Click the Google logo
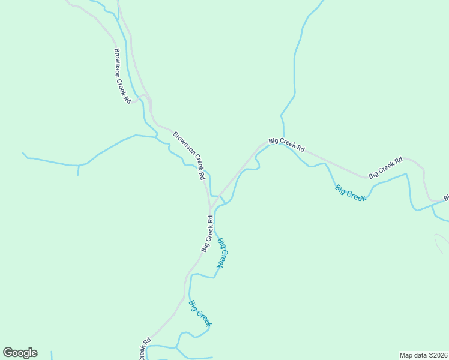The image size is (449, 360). (x=20, y=353)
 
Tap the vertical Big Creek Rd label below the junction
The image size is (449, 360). (x=208, y=234)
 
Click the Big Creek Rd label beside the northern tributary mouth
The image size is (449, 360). (x=287, y=145)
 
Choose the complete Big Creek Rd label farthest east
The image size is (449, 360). (x=385, y=168)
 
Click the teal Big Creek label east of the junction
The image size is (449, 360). (x=351, y=193)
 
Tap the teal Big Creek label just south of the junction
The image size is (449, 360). (x=223, y=253)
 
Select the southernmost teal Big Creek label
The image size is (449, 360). (x=200, y=313)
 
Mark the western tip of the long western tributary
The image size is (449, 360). (x=23, y=153)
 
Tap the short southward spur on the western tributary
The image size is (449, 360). (x=78, y=171)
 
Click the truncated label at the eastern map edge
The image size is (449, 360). (x=446, y=197)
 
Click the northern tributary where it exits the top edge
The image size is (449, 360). (x=322, y=1)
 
